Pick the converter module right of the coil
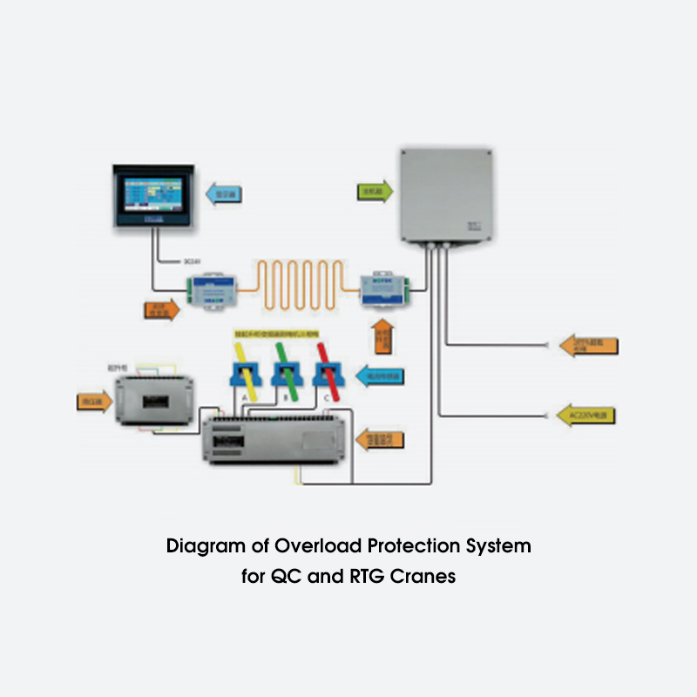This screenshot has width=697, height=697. coord(384,290)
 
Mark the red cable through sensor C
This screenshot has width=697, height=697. coord(326,368)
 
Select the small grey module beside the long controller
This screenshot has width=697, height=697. coord(154,400)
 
